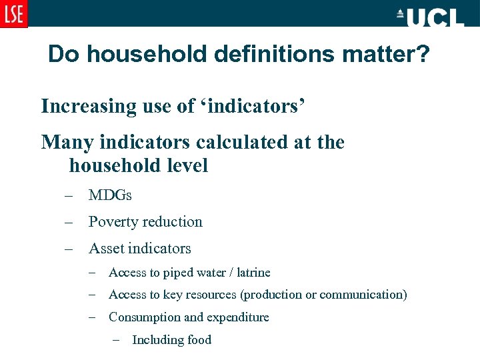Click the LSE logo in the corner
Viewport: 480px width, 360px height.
click(13, 13)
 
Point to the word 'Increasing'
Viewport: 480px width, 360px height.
click(82, 106)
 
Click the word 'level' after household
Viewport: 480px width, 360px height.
click(187, 165)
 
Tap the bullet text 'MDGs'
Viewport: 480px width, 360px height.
click(110, 195)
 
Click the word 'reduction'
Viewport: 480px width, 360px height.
click(173, 222)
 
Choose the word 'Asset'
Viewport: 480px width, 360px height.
click(106, 249)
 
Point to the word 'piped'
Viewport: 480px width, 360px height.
click(179, 273)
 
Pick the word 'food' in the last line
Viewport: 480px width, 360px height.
click(199, 340)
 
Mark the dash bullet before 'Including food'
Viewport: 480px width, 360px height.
click(117, 340)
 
